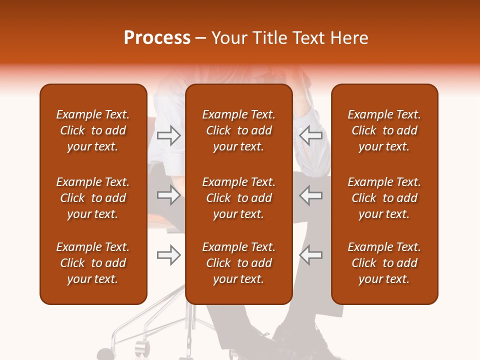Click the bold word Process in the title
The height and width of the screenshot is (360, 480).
[x=157, y=38]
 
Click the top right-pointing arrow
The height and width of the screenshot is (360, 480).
[x=169, y=135]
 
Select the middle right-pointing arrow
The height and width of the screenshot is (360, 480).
[x=169, y=195]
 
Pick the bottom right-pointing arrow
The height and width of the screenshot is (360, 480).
[x=169, y=255]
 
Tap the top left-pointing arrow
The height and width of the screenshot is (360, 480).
[x=310, y=135]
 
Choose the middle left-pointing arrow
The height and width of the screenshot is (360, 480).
[x=310, y=195]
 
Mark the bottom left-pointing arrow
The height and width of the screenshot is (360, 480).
[x=310, y=255]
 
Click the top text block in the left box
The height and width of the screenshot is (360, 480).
[x=93, y=130]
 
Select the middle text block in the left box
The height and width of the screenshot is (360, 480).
[x=93, y=198]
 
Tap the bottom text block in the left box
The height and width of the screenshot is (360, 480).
[x=93, y=263]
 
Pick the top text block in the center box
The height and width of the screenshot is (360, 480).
[x=238, y=130]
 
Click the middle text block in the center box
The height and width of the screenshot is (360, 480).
[x=238, y=198]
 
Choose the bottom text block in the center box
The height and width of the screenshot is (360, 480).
[x=238, y=263]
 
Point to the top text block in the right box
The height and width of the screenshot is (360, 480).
[x=384, y=130]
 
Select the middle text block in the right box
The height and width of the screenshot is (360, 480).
[x=384, y=198]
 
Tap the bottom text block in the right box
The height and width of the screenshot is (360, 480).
[x=384, y=263]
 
